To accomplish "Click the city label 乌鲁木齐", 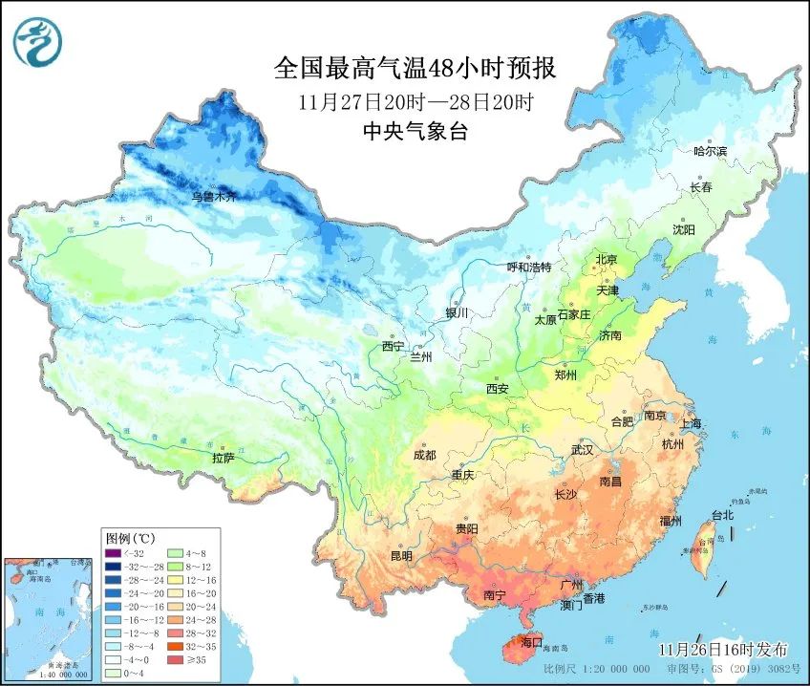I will (x=213, y=197).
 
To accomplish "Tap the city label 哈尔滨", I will (x=710, y=152).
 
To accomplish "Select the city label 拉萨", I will (x=223, y=459).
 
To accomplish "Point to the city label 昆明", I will (x=401, y=556).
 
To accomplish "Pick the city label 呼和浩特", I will (x=528, y=267).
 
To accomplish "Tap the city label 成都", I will (x=425, y=455).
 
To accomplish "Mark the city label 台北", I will (x=721, y=515).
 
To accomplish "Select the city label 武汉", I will (x=582, y=449).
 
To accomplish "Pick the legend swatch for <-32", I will (x=114, y=553).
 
